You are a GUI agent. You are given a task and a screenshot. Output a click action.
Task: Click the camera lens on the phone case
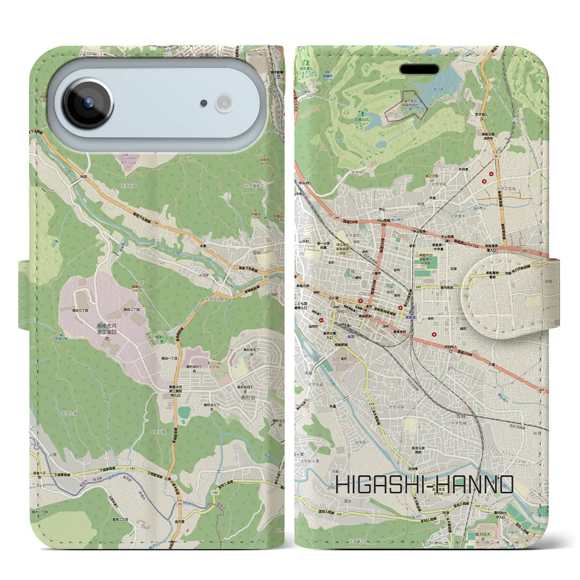pyautogui.click(x=88, y=102)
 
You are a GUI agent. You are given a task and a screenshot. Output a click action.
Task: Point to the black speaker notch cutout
pyautogui.click(x=419, y=69)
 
